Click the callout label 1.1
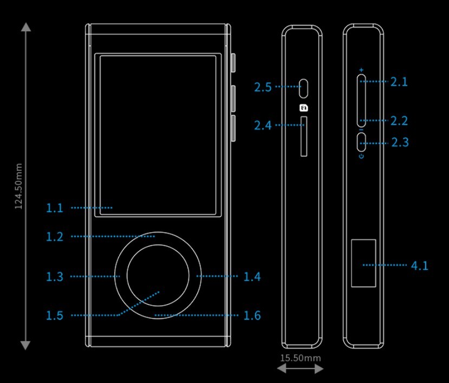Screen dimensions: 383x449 pyautogui.click(x=55, y=208)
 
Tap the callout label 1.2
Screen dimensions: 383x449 pyautogui.click(x=55, y=237)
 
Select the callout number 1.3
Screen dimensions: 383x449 pyautogui.click(x=55, y=277)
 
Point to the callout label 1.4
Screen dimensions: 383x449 pyautogui.click(x=252, y=277)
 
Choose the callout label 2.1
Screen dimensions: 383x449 pyautogui.click(x=399, y=82)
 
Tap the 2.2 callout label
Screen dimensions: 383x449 pyautogui.click(x=399, y=121)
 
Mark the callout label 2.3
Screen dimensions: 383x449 pyautogui.click(x=400, y=143)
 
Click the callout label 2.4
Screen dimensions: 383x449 pyautogui.click(x=263, y=126)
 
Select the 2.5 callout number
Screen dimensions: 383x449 pyautogui.click(x=263, y=87)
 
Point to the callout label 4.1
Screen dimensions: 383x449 pyautogui.click(x=419, y=266)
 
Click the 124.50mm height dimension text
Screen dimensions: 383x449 pyautogui.click(x=18, y=187)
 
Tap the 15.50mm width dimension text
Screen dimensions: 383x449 pyautogui.click(x=300, y=358)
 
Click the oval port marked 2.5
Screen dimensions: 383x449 pyautogui.click(x=304, y=87)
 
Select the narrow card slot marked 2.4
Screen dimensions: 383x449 pyautogui.click(x=304, y=136)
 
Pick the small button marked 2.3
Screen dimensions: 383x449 pyautogui.click(x=361, y=142)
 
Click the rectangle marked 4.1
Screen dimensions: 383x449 pyautogui.click(x=363, y=263)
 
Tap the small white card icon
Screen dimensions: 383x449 pyautogui.click(x=304, y=107)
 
